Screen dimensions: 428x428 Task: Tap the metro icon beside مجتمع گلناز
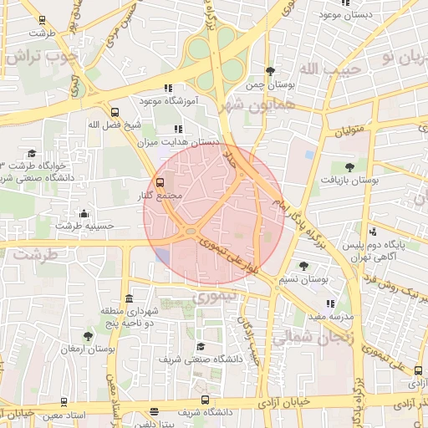click(160, 181)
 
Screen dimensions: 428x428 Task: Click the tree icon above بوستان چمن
click(268, 71)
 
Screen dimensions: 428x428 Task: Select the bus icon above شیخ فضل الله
click(115, 111)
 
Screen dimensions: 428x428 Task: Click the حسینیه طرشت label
click(84, 226)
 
